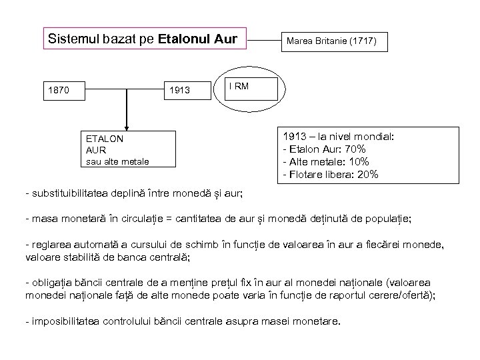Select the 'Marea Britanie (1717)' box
coord(331,42)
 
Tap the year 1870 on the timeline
coord(57,89)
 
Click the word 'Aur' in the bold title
coord(226,38)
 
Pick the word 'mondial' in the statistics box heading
coord(374,136)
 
